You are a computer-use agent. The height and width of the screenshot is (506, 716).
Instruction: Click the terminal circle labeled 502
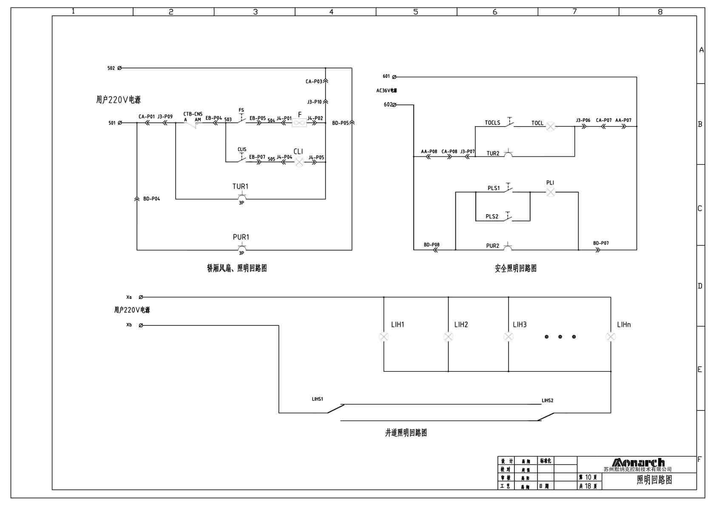coord(119,68)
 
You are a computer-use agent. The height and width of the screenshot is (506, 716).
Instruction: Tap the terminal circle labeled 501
coord(120,123)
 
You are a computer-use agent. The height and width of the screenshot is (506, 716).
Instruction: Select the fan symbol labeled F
coord(299,123)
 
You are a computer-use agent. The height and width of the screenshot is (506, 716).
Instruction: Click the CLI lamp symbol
coord(299,162)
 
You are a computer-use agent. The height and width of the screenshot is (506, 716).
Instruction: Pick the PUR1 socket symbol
coord(242,248)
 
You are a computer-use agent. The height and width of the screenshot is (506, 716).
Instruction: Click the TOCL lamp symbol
coord(551,126)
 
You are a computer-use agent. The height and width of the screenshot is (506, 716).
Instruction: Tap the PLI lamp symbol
coord(551,192)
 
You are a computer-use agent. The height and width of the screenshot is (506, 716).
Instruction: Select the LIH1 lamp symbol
coord(384,337)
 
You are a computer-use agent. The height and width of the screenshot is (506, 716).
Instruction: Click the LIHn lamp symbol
coord(611,337)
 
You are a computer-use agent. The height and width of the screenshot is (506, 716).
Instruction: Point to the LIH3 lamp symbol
coord(509,337)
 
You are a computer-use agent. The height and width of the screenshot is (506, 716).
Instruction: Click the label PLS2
coord(492,217)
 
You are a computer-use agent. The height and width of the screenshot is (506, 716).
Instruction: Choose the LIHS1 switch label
coord(318,399)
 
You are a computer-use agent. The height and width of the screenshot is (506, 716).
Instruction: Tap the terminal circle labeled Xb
coord(141,325)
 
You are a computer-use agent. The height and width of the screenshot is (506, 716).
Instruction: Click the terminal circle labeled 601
coord(394,77)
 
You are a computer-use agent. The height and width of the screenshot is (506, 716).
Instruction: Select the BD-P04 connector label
coord(151,199)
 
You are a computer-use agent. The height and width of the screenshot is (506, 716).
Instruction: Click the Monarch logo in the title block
coord(638,462)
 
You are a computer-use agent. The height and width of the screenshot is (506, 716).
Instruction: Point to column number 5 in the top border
coord(416,12)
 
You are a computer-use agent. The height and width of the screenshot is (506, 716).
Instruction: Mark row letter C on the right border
coord(700,209)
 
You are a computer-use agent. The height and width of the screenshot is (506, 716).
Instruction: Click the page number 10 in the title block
coord(588,478)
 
